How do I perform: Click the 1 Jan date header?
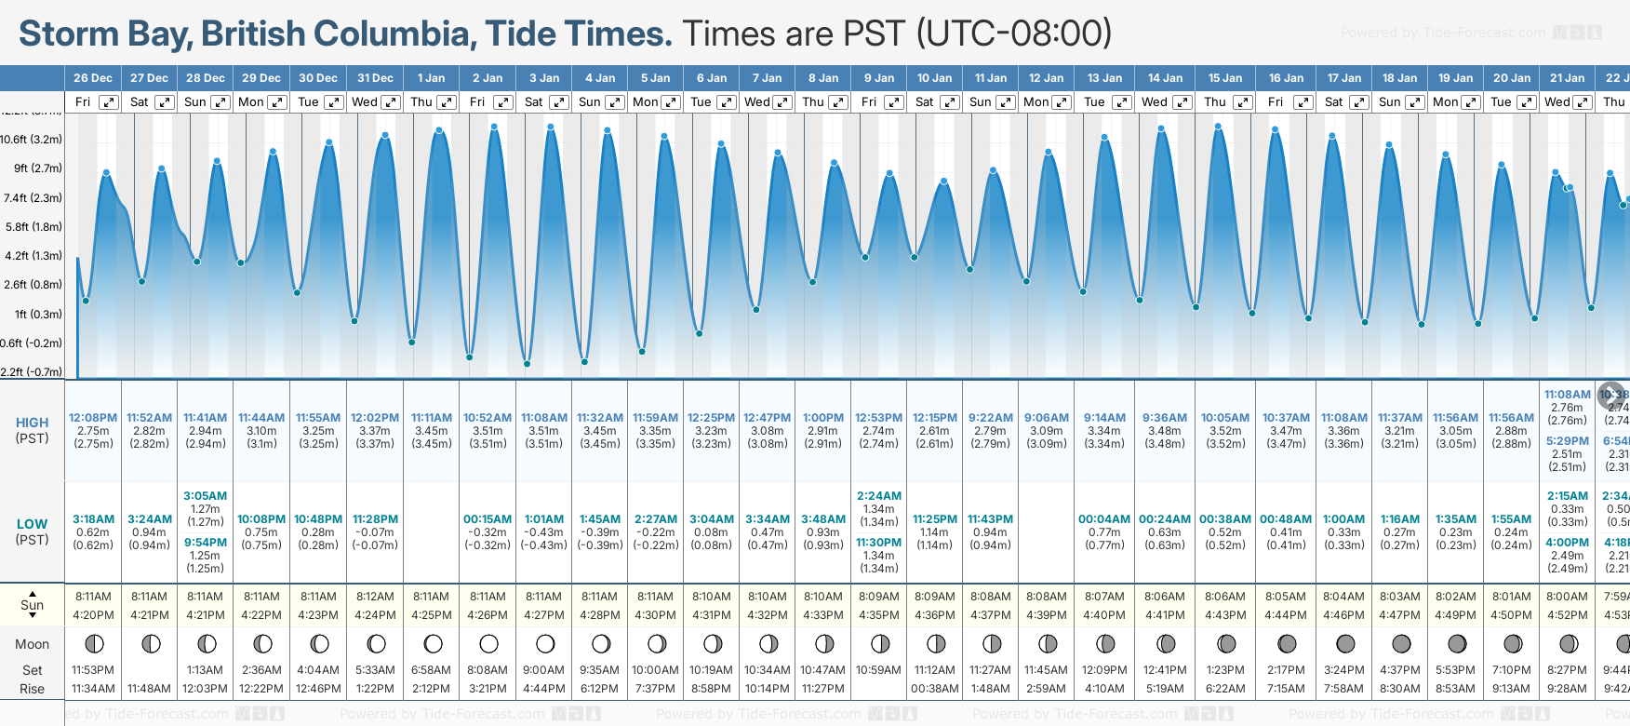pyautogui.click(x=431, y=78)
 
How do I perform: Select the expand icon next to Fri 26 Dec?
pyautogui.click(x=109, y=102)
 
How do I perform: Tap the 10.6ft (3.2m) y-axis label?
pyautogui.click(x=32, y=140)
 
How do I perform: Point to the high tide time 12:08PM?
pyautogui.click(x=93, y=418)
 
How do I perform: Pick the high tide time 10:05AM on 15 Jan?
pyautogui.click(x=1225, y=418)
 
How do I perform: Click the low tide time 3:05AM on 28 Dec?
pyautogui.click(x=205, y=496)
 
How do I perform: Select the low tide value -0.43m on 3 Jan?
pyautogui.click(x=544, y=532)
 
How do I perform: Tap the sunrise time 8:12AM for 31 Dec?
pyautogui.click(x=375, y=597)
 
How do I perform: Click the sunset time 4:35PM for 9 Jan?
pyautogui.click(x=879, y=615)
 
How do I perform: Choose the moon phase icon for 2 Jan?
pyautogui.click(x=488, y=643)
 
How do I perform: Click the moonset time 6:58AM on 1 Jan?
pyautogui.click(x=431, y=670)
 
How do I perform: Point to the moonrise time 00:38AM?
pyautogui.click(x=934, y=689)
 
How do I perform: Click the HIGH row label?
pyautogui.click(x=32, y=423)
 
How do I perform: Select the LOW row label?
pyautogui.click(x=32, y=524)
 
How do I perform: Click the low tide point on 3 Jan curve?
pyautogui.click(x=527, y=364)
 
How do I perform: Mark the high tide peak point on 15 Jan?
pyautogui.click(x=1218, y=126)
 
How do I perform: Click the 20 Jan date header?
pyautogui.click(x=1512, y=78)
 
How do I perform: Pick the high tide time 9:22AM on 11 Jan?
pyautogui.click(x=990, y=418)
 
